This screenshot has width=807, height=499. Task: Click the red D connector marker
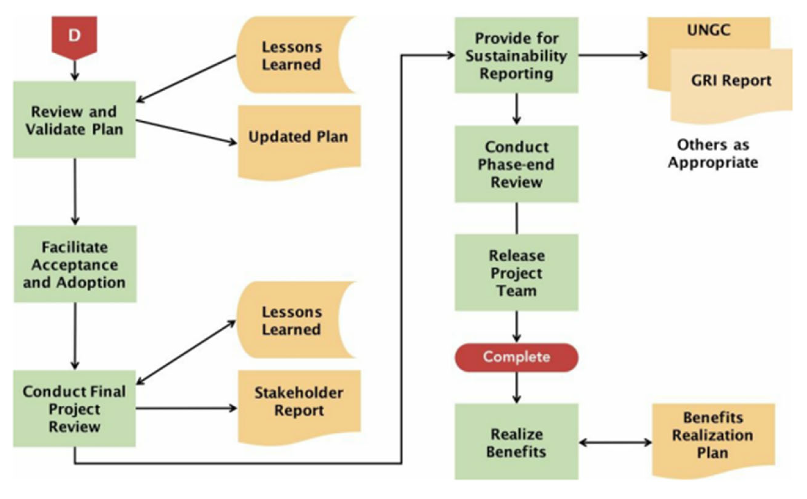[74, 36]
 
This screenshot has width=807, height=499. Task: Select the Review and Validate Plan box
[74, 120]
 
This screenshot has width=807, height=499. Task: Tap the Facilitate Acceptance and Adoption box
[75, 264]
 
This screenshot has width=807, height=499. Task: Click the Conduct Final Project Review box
[74, 409]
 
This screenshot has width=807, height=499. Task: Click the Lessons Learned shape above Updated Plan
[292, 56]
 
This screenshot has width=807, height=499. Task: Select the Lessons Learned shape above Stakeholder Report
[292, 320]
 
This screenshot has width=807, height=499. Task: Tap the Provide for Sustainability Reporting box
[516, 55]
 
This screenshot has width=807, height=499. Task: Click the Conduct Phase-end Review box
[516, 164]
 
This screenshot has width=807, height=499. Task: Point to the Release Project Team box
[516, 273]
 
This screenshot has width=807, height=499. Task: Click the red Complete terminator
[516, 357]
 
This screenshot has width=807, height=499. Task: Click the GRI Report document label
[731, 81]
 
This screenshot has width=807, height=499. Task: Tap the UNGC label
[708, 30]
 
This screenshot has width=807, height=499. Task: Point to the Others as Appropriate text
[713, 153]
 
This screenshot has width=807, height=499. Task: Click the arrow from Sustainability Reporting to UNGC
[613, 55]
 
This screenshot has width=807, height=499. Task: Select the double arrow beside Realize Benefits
[615, 442]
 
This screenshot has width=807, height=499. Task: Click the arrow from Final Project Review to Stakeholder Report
[186, 409]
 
